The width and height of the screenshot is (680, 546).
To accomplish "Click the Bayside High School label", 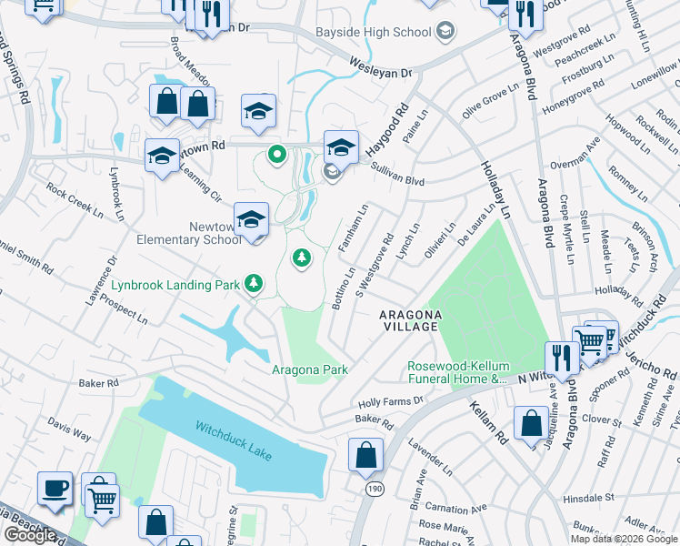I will click(x=373, y=33).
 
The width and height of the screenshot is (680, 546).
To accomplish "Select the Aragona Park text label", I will click(x=309, y=369).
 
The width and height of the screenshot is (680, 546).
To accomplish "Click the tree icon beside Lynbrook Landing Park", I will click(x=255, y=285).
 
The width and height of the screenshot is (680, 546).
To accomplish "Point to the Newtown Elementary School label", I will click(x=186, y=234).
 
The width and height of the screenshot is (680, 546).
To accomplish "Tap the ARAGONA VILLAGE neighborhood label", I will click(x=411, y=320).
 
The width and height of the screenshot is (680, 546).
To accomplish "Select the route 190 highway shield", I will click(x=375, y=489).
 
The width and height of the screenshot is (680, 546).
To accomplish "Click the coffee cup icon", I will click(x=55, y=489).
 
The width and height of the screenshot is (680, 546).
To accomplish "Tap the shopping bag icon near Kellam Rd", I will click(x=531, y=424).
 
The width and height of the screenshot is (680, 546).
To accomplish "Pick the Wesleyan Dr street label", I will click(x=381, y=66).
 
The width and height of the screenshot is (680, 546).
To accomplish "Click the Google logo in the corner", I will click(x=30, y=535).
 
